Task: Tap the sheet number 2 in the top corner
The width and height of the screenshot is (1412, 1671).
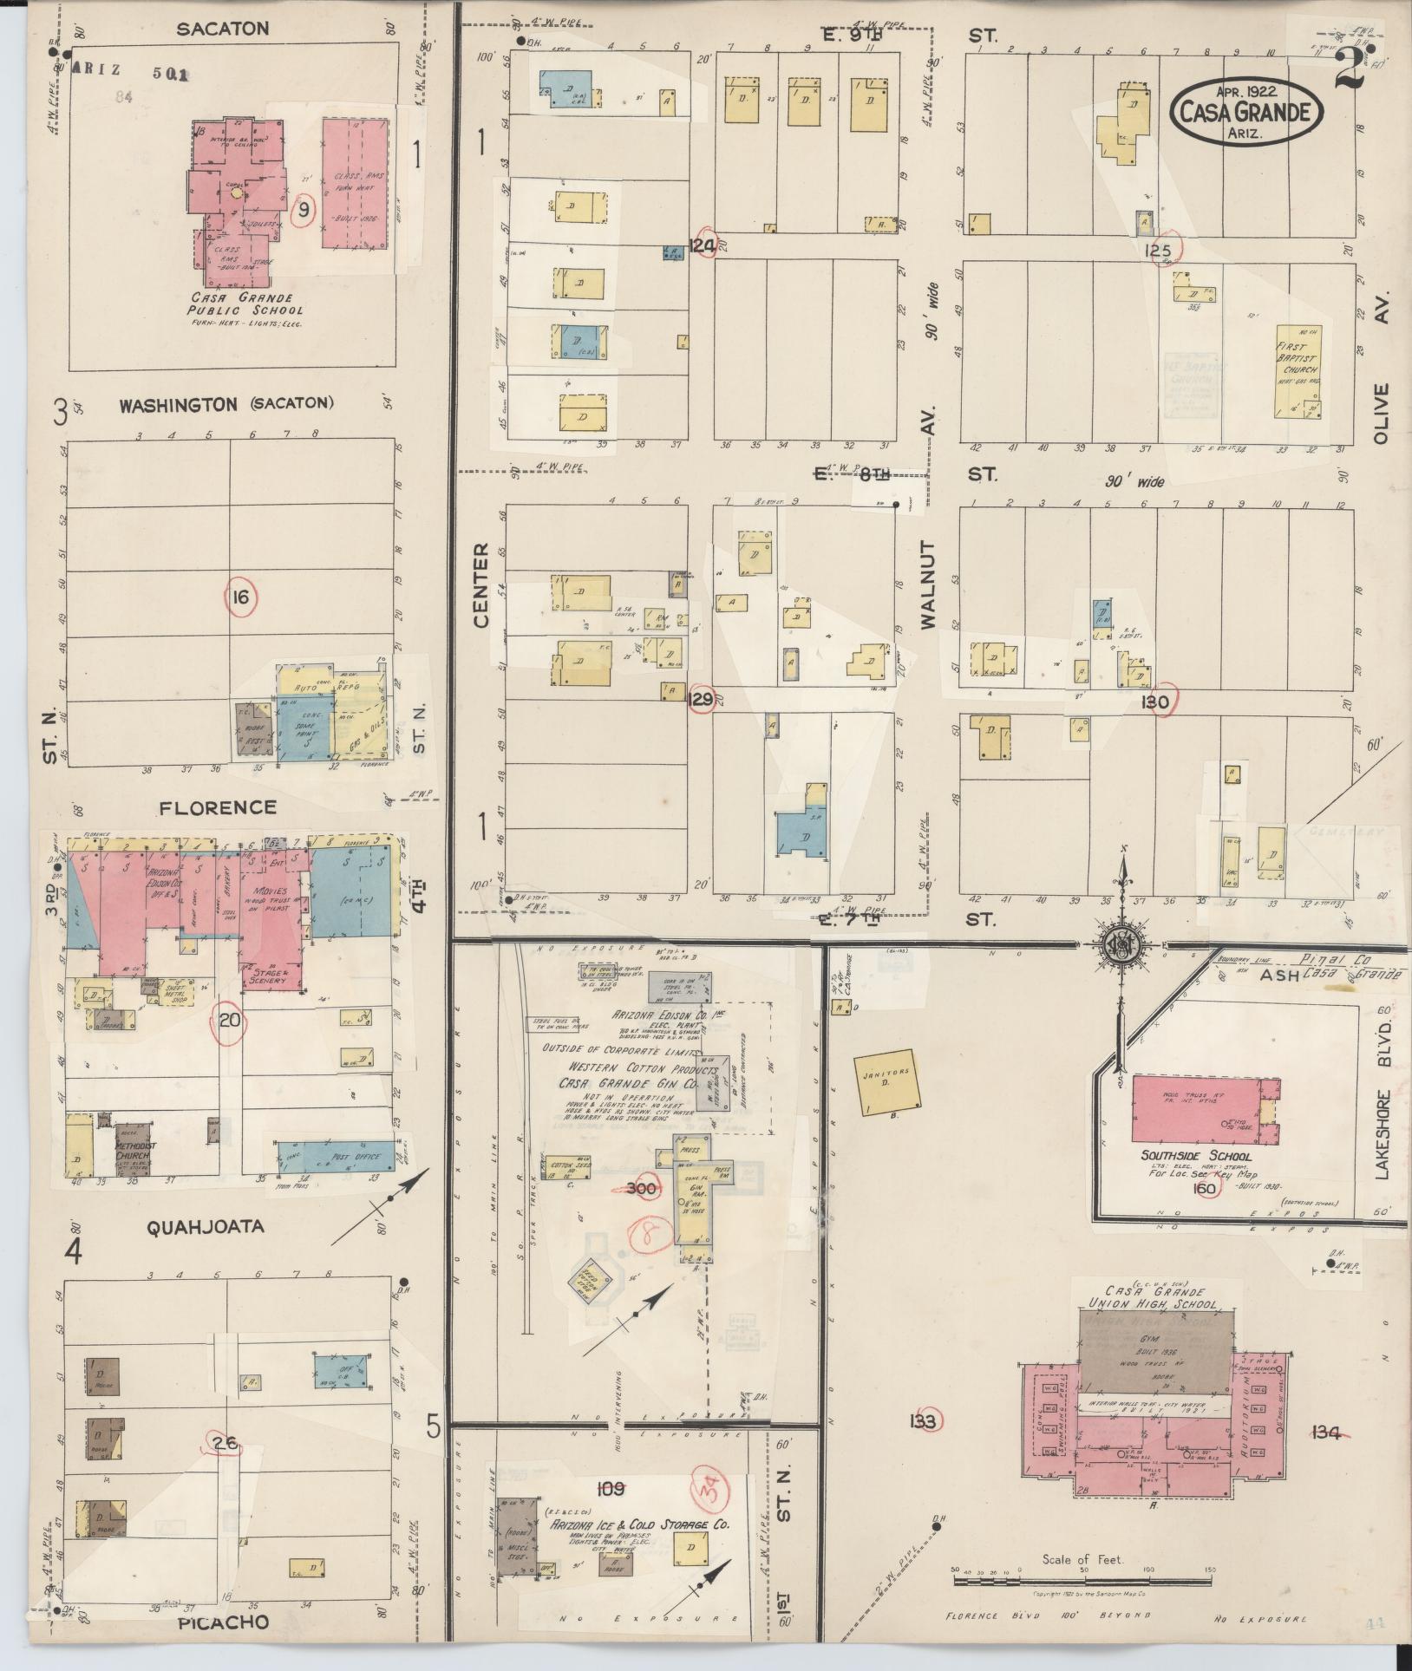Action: (1351, 68)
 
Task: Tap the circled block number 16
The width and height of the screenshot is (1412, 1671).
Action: (240, 597)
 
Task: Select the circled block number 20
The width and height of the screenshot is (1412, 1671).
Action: (229, 1020)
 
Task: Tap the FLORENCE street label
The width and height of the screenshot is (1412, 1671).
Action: (217, 807)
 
